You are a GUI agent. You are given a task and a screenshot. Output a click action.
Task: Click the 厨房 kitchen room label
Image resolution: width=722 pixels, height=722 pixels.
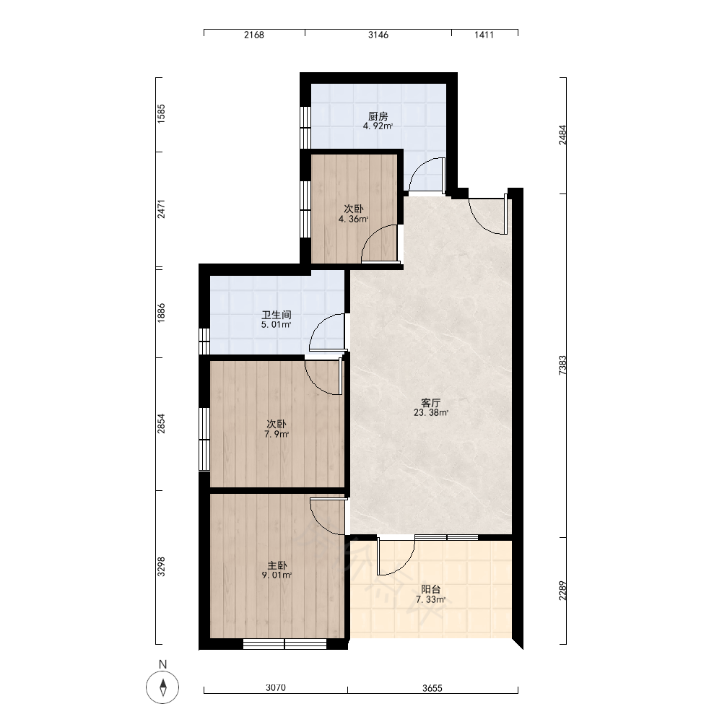pos(378,116)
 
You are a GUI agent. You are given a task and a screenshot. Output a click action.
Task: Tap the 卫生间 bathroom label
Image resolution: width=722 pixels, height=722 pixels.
pos(277,316)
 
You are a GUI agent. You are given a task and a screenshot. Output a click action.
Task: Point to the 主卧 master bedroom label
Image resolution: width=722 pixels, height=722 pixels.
pos(277,565)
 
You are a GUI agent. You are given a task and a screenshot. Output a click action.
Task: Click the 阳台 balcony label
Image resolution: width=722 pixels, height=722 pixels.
pos(431,589)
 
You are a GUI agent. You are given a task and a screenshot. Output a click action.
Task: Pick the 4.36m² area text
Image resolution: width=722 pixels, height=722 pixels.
pos(354,219)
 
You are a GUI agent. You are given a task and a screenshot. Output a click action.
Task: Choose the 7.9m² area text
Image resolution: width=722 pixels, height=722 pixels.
pos(277,434)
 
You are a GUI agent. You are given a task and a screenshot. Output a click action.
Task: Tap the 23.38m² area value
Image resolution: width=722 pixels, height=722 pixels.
pos(431,412)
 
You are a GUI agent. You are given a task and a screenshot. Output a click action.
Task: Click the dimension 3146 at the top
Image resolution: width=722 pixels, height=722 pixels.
pos(378,35)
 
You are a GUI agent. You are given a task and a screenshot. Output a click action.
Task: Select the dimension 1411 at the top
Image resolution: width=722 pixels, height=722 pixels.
pos(484,35)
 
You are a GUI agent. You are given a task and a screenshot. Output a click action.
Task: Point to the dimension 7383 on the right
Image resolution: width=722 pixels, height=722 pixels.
pos(562,365)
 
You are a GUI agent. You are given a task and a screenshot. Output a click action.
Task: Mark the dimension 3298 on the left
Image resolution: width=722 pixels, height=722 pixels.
pos(161,567)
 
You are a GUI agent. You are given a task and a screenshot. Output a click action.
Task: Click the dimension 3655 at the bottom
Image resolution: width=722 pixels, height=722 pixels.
pos(432,688)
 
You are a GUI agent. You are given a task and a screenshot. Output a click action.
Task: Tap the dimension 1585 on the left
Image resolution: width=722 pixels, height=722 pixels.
pos(161,114)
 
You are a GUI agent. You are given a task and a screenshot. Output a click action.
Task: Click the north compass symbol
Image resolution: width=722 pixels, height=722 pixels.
pos(162,687)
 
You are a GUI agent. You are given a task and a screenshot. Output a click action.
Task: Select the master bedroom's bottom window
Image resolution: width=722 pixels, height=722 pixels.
pos(285,644)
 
